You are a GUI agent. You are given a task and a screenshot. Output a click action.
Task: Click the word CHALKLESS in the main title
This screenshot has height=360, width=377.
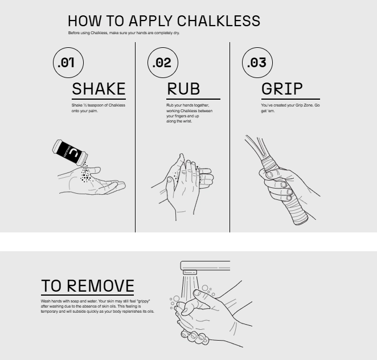click(x=218, y=21)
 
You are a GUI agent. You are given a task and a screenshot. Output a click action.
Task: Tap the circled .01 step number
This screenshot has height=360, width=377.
click(x=68, y=63)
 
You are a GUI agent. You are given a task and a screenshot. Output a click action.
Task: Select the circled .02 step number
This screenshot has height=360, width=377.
click(x=163, y=63)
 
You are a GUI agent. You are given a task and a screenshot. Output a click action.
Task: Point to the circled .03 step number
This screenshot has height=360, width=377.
click(x=257, y=63)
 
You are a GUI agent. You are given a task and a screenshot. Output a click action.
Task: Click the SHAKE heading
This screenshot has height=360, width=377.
click(x=99, y=89)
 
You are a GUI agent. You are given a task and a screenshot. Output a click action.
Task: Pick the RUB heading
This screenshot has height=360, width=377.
click(x=183, y=89)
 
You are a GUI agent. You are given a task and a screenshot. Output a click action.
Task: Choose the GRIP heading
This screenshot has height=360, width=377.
click(x=282, y=89)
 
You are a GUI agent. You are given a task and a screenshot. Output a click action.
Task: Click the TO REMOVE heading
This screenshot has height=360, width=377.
click(x=88, y=286)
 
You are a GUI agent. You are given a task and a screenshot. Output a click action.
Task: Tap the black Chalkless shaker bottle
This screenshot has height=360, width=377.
click(x=70, y=153)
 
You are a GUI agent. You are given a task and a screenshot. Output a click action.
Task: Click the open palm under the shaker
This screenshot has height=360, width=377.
click(x=92, y=181)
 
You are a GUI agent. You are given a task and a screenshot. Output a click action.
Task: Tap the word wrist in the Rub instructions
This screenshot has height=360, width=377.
click(x=187, y=121)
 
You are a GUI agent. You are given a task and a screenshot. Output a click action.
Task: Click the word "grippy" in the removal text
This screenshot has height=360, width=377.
click(x=143, y=301)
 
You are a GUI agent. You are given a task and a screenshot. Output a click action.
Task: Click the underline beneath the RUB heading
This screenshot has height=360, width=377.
click(x=193, y=99)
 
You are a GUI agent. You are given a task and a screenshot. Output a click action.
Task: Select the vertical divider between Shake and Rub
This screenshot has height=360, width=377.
click(x=135, y=137)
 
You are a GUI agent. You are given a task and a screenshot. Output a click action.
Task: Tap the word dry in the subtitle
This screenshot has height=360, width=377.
click(x=176, y=33)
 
